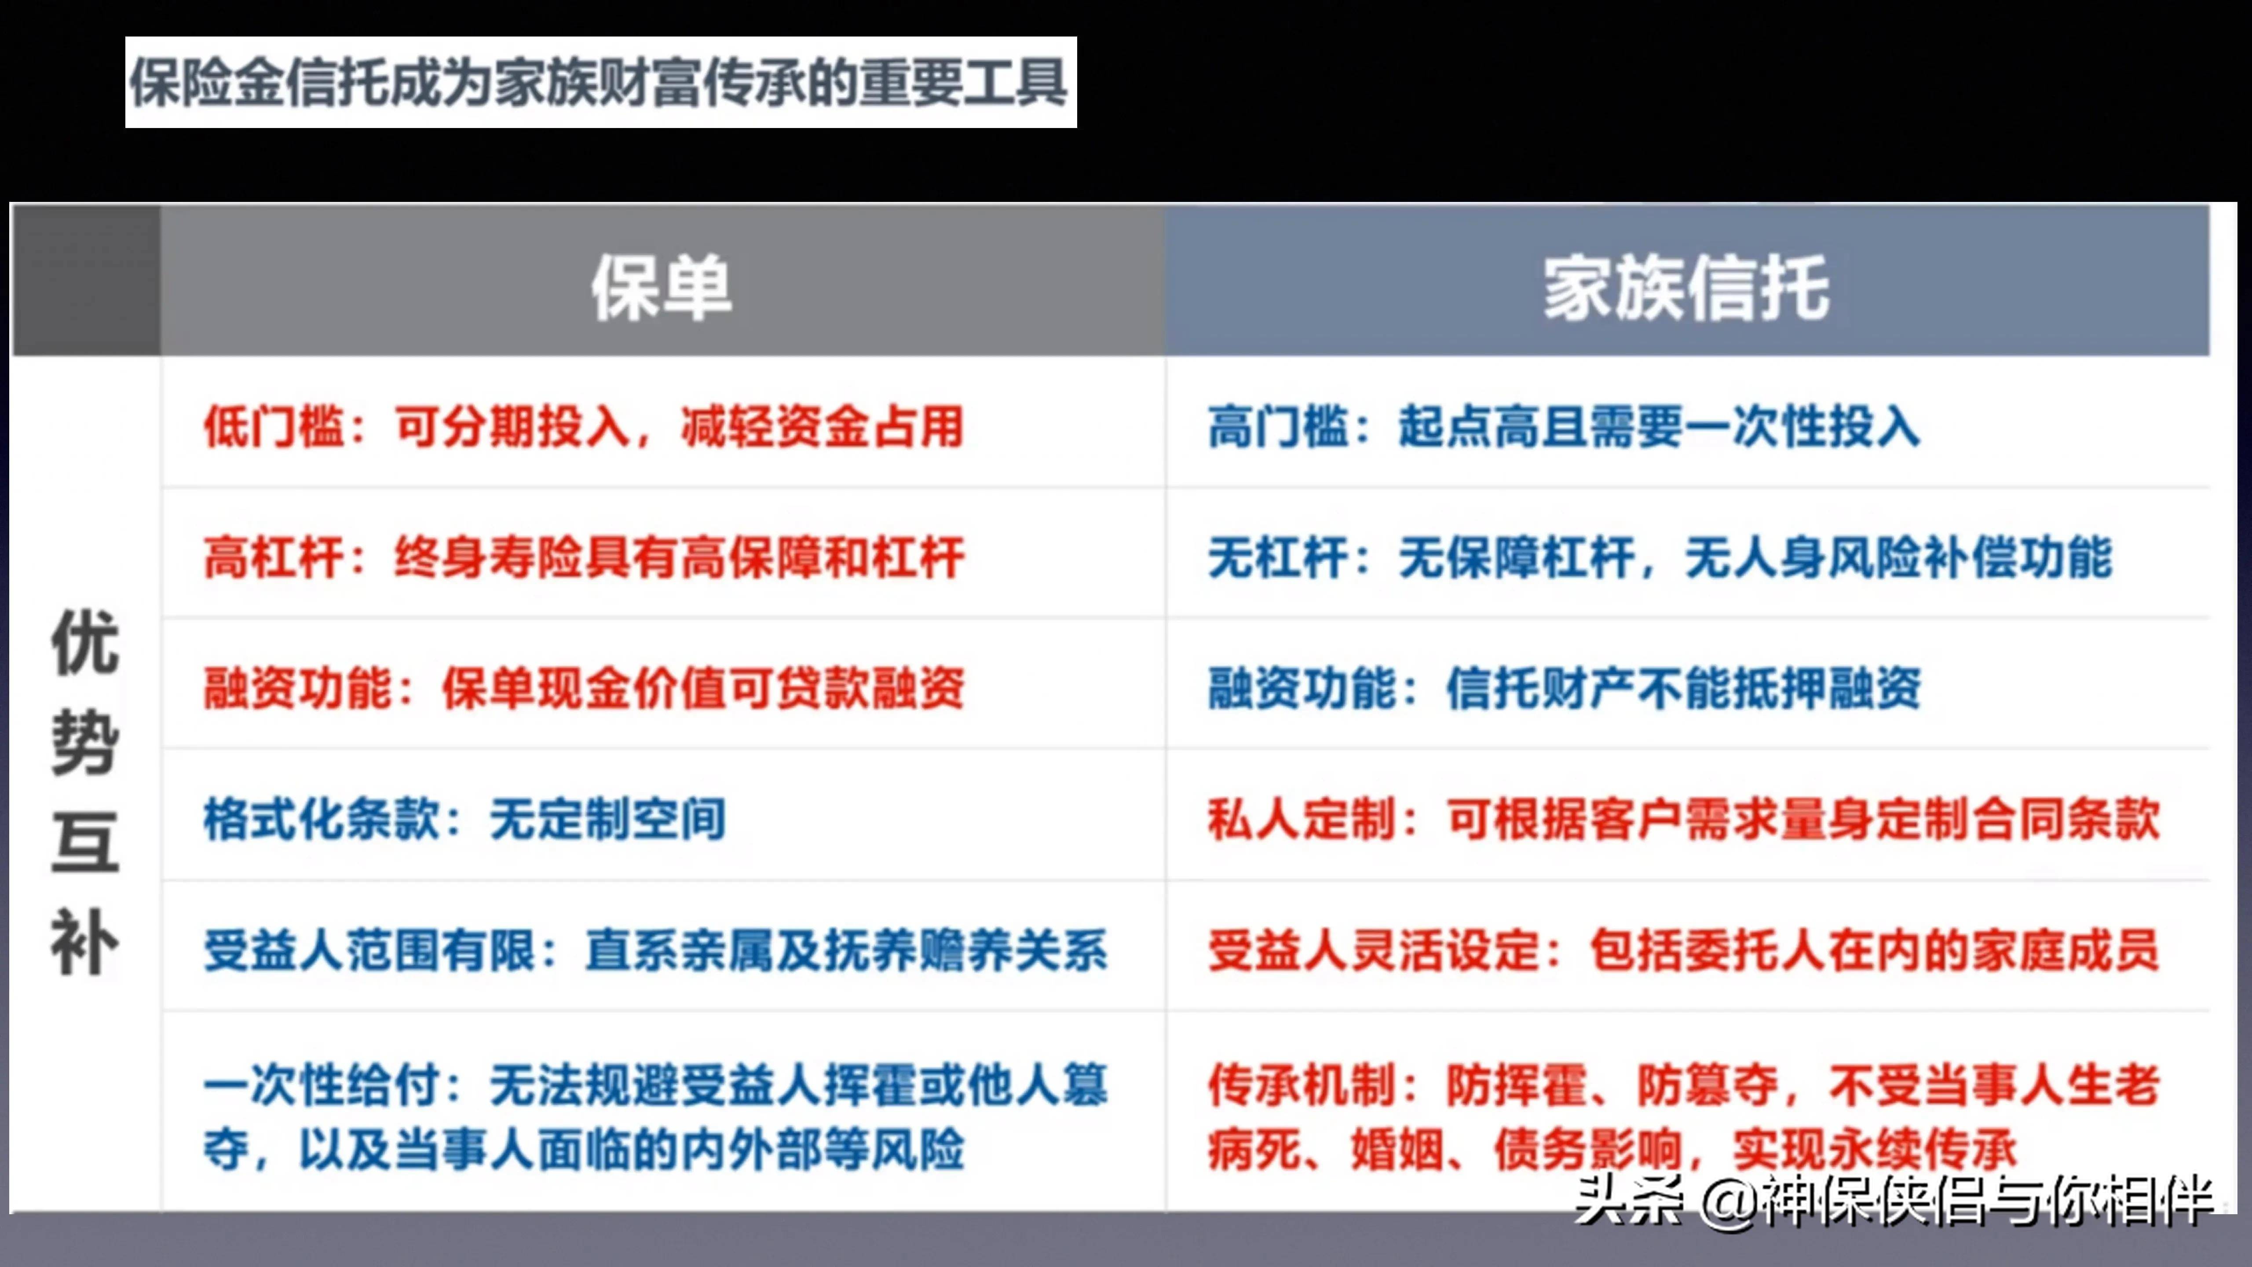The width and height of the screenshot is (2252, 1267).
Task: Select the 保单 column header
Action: pyautogui.click(x=662, y=288)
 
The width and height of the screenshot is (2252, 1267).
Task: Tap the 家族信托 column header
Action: pyautogui.click(x=1685, y=288)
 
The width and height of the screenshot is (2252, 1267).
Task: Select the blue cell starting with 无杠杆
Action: pyautogui.click(x=1659, y=557)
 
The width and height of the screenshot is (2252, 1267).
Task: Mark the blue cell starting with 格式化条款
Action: pyautogui.click(x=464, y=819)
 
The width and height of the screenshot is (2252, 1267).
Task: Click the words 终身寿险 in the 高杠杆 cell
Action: pyautogui.click(x=490, y=557)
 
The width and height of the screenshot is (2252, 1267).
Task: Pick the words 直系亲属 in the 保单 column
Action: pyautogui.click(x=680, y=950)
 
